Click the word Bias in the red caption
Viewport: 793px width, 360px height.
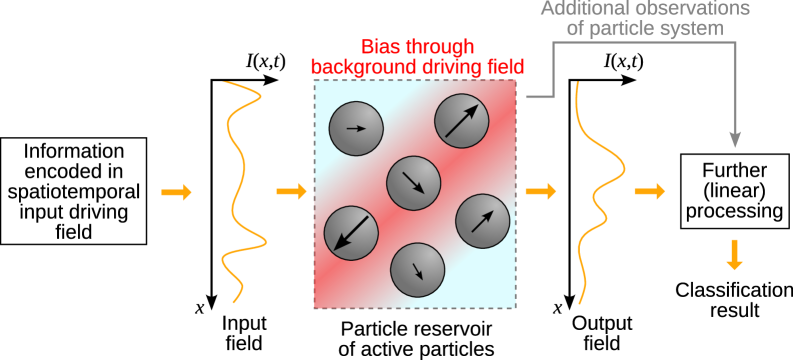380,48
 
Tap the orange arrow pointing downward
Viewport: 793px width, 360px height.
734,255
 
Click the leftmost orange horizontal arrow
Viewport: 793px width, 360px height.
176,192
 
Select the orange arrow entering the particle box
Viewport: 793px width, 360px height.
291,191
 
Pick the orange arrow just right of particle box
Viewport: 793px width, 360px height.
540,191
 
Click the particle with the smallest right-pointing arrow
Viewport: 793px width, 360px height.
356,129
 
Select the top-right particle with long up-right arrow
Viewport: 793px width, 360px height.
461,122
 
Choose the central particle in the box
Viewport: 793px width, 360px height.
413,183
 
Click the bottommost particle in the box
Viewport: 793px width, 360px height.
417,270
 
